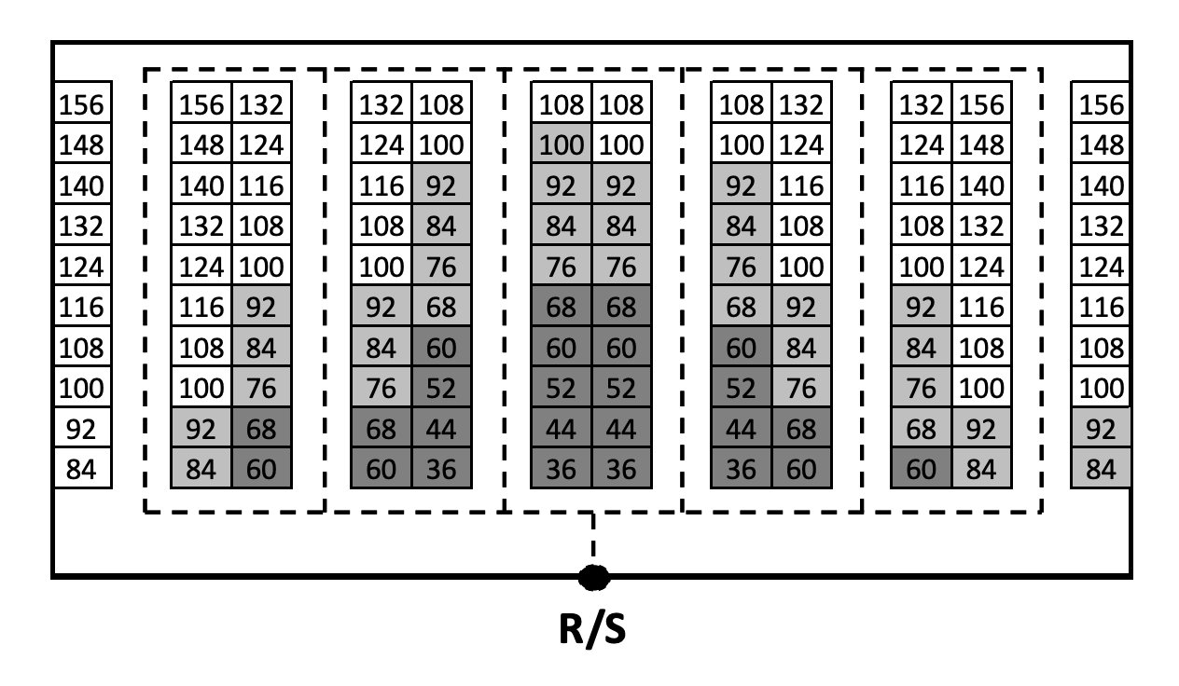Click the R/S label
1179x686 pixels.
tap(592, 630)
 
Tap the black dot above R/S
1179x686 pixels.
tap(592, 578)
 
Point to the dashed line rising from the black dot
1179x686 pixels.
tap(592, 541)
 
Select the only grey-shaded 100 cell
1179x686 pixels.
tap(561, 144)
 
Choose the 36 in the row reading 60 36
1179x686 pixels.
tap(441, 469)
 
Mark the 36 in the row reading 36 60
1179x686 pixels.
tap(741, 469)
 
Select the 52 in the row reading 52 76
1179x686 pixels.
tap(741, 388)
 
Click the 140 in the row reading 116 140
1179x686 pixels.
tap(981, 185)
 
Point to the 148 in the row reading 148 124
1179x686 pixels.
tap(201, 144)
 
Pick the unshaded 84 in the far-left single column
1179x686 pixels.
tap(82, 469)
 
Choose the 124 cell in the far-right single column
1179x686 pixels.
tap(1101, 266)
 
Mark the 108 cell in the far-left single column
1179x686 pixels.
tap(82, 347)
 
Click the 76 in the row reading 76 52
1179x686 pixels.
tap(381, 388)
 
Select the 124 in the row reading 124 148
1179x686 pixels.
tap(921, 144)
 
